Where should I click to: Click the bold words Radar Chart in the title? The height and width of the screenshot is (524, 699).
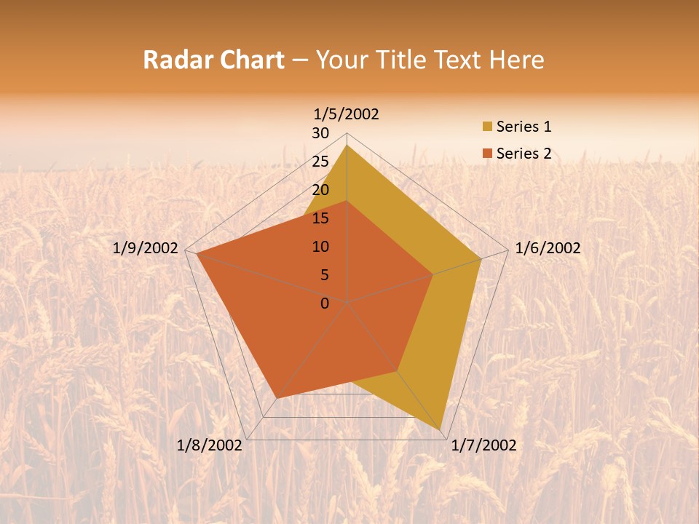[x=213, y=60]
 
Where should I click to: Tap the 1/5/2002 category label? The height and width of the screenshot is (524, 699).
[x=346, y=114]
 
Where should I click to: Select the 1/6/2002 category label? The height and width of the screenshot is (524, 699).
[x=548, y=248]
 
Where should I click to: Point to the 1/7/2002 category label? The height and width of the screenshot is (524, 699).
[x=483, y=445]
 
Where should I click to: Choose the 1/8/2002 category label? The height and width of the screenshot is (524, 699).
[x=210, y=445]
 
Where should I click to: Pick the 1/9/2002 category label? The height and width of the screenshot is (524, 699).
[x=145, y=248]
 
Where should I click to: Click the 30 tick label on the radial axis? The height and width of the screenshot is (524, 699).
[x=320, y=133]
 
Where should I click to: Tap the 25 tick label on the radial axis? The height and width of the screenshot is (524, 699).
[x=320, y=162]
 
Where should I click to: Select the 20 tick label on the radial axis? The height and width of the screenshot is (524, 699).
[x=320, y=190]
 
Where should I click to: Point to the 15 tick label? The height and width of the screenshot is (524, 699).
[x=320, y=218]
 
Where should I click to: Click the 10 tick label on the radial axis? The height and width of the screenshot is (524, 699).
[x=320, y=247]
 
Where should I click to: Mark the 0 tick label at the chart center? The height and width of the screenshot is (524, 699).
[x=325, y=303]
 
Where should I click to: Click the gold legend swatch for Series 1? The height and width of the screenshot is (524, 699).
[x=487, y=127]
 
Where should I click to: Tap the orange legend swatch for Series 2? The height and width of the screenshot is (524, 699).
[x=487, y=154]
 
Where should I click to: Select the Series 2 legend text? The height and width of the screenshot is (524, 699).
[x=524, y=154]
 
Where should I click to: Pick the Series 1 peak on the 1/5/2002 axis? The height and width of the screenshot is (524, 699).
[x=347, y=146]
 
